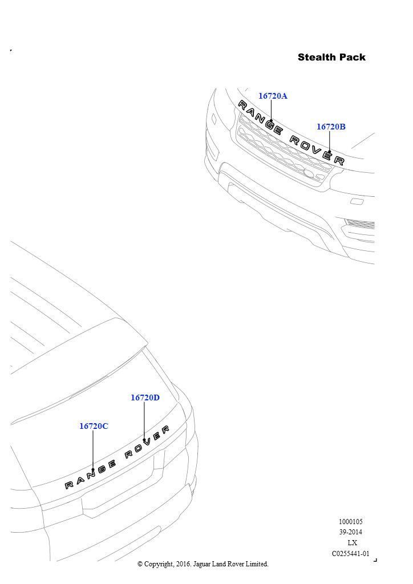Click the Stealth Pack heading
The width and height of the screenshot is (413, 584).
(x=331, y=58)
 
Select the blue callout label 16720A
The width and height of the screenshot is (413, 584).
(x=273, y=96)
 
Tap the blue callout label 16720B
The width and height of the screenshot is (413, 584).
(x=331, y=127)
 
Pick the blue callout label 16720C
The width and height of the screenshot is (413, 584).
(x=94, y=426)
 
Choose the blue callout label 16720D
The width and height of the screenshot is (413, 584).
(x=145, y=398)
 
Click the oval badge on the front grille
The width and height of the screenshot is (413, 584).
(x=309, y=173)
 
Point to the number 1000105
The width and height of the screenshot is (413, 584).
(x=350, y=522)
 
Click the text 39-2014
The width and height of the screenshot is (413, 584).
(x=350, y=532)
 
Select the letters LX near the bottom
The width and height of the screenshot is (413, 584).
(x=352, y=543)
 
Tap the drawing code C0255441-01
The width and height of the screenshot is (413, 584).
(x=350, y=554)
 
